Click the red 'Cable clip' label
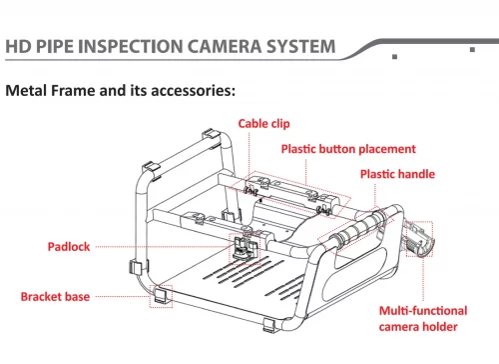click(263, 124)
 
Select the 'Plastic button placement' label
click(348, 149)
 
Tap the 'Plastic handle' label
click(397, 174)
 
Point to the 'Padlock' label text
click(69, 247)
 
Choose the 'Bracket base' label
click(55, 297)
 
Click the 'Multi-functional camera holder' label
click(423, 319)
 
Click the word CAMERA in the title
click(225, 46)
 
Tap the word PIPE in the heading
click(55, 46)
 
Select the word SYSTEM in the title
click(300, 46)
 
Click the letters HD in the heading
click(19, 46)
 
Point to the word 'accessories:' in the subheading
click(193, 91)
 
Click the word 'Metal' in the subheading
click(26, 91)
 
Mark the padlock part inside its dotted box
click(245, 248)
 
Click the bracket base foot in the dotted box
click(162, 296)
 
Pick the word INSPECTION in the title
click(131, 46)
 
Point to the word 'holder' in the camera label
click(440, 327)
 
